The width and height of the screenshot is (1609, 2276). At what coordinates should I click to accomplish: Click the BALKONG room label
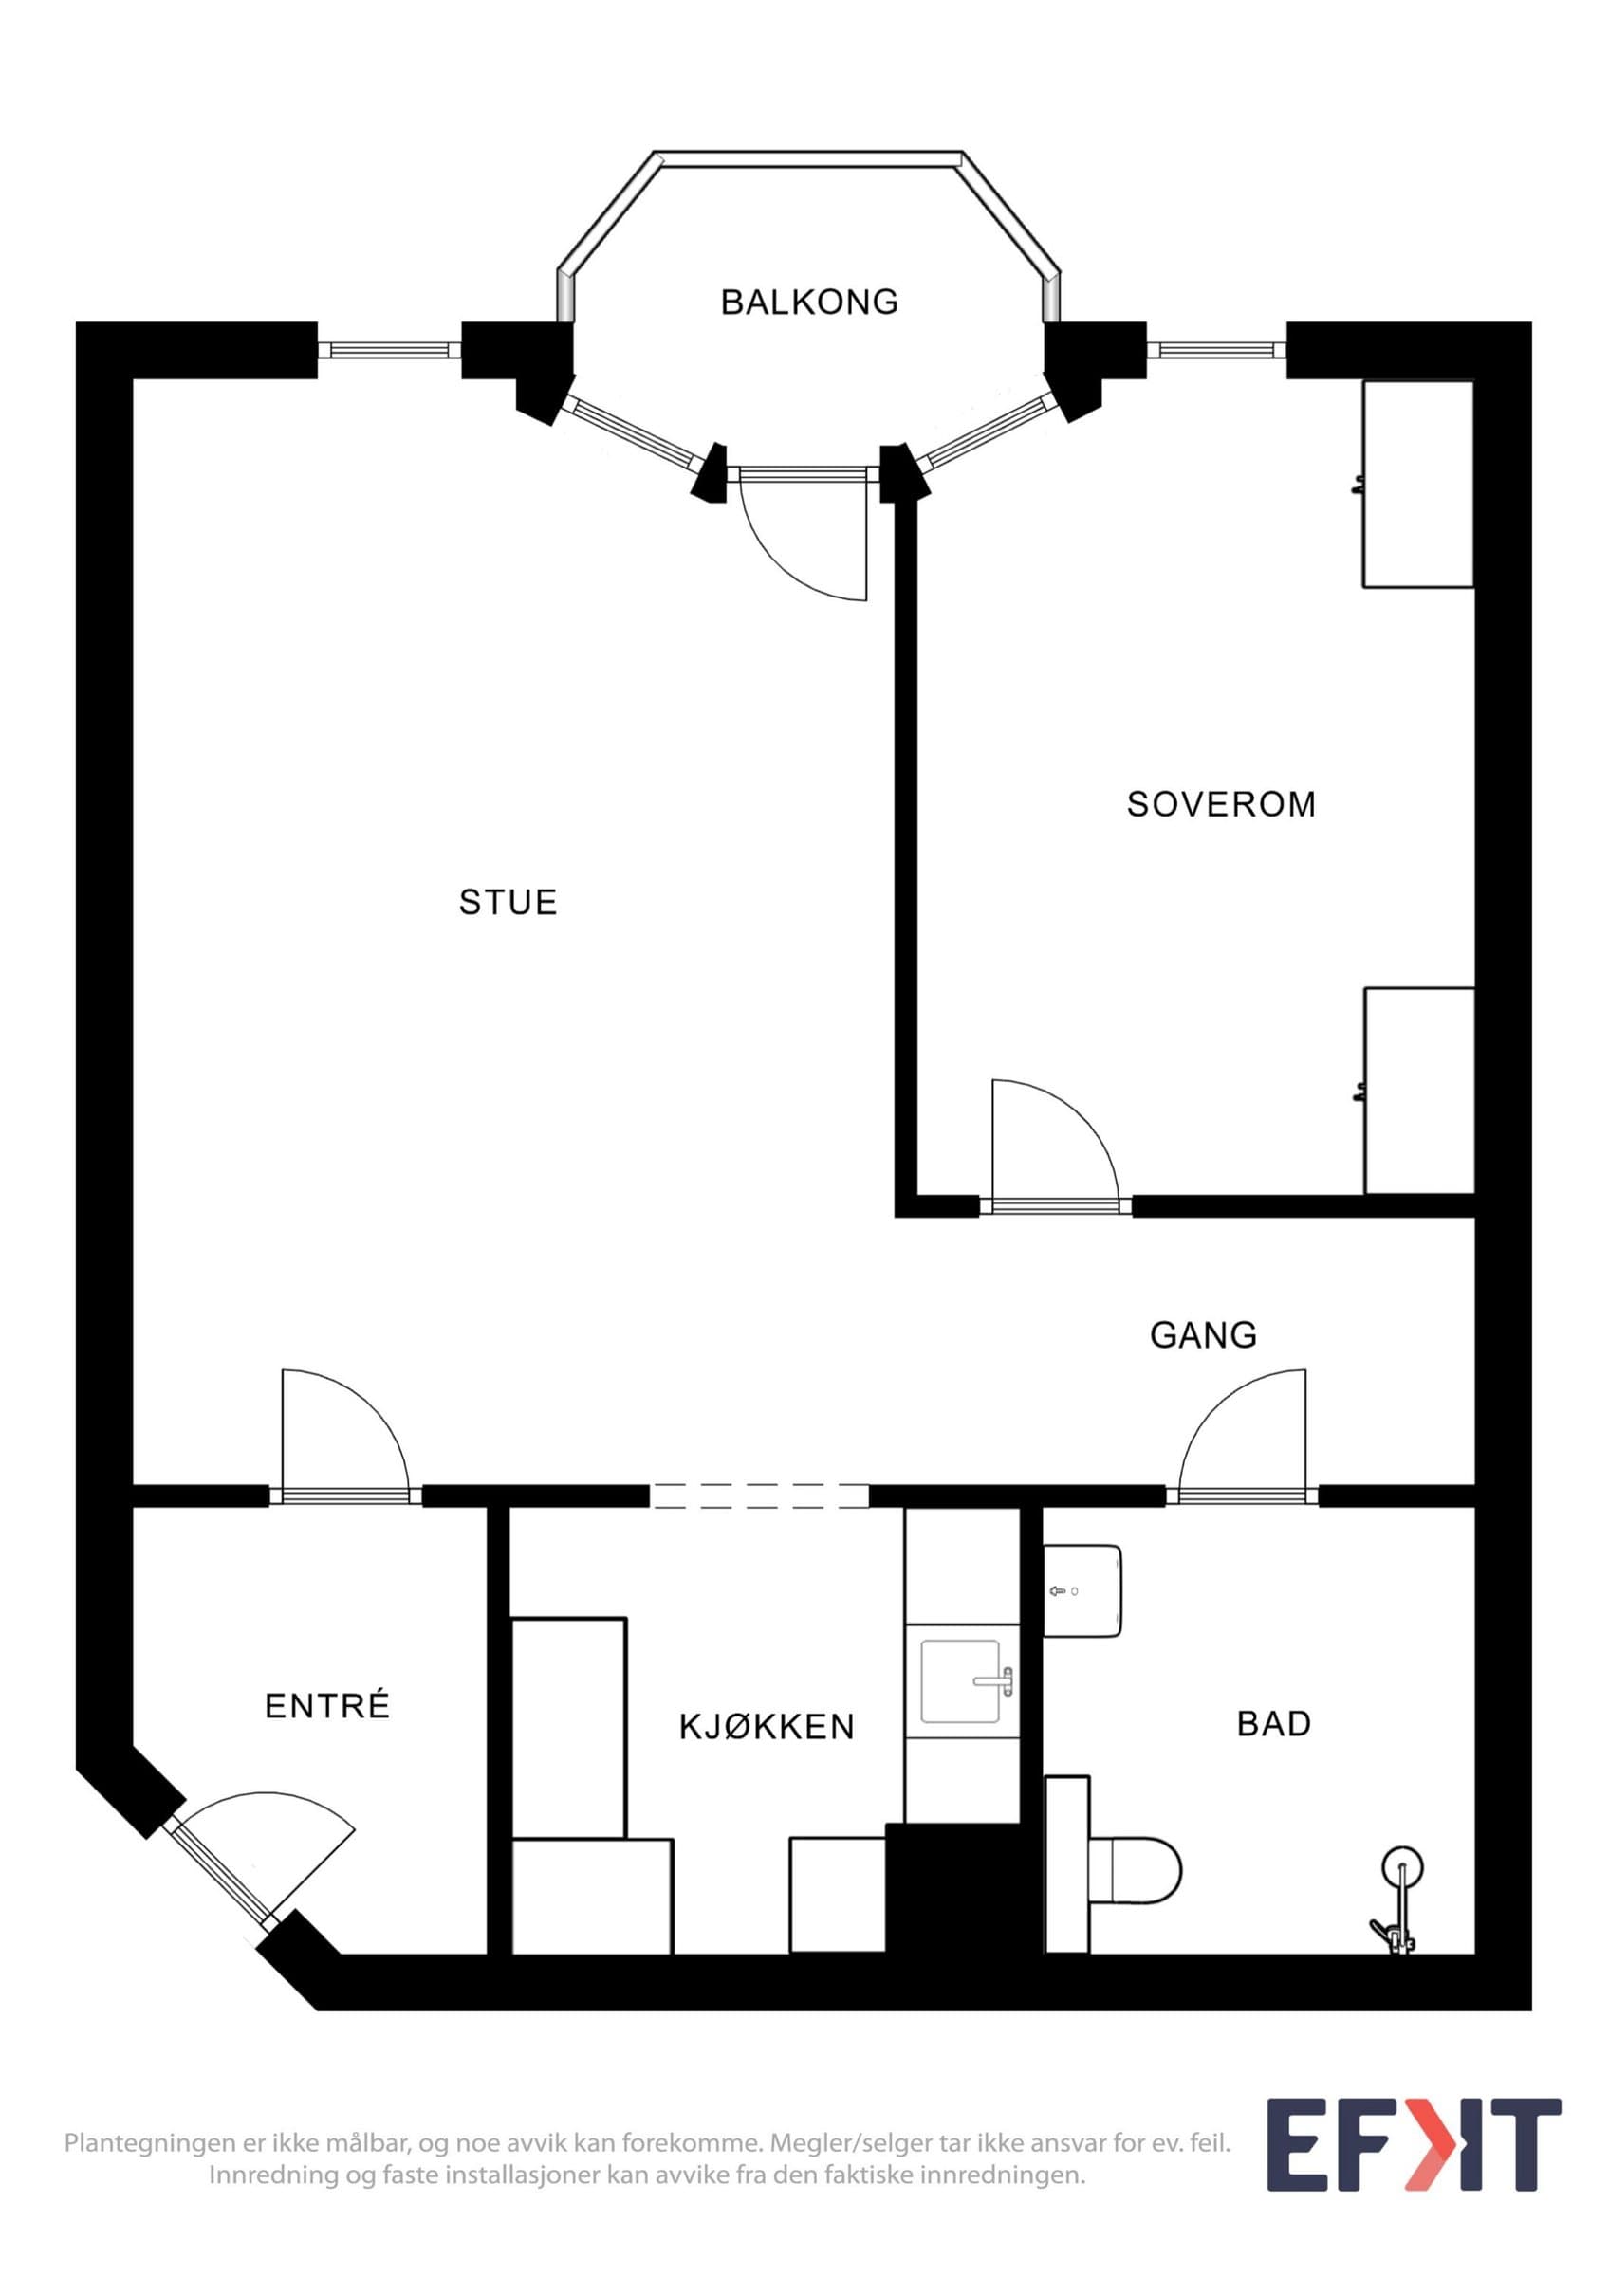(809, 302)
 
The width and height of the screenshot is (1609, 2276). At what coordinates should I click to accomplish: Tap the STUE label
(508, 902)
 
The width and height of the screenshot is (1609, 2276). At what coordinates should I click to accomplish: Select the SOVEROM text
(1221, 804)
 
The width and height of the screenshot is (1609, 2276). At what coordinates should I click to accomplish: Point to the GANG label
(1204, 1335)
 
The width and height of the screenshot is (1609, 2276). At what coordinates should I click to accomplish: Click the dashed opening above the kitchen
(759, 1496)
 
